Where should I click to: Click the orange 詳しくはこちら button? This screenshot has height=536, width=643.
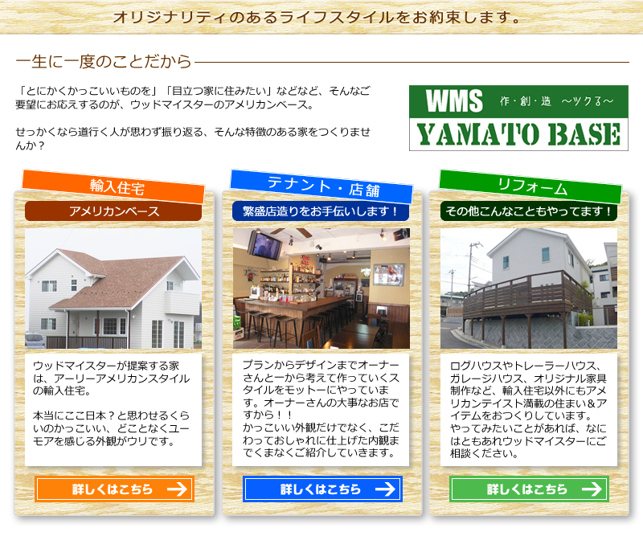coord(114,489)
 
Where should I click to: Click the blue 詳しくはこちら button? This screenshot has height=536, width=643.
coord(322,489)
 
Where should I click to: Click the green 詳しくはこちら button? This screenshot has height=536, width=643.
coord(529,489)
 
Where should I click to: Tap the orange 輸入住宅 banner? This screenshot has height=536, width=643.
coord(113,186)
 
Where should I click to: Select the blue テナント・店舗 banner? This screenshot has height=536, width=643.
coord(321,186)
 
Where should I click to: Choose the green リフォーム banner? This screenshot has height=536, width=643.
coord(530,186)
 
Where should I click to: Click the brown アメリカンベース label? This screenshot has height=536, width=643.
coord(113,211)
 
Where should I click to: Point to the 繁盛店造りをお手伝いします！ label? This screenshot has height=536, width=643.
coord(321,211)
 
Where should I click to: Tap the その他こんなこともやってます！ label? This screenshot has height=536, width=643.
coord(529,211)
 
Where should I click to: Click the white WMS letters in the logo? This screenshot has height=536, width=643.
coord(454,101)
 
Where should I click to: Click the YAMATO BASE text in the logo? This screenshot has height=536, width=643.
coord(518,134)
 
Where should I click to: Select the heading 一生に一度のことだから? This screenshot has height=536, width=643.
coord(104,62)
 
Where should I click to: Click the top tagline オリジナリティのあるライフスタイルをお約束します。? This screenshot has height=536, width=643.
coord(317,17)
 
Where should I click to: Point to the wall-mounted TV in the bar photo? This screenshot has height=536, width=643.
coord(267,245)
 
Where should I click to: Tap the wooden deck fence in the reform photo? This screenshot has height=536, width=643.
coord(527,294)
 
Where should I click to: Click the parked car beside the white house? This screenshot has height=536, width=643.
coord(35,341)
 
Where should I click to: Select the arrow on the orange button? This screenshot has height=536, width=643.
coord(177,489)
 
